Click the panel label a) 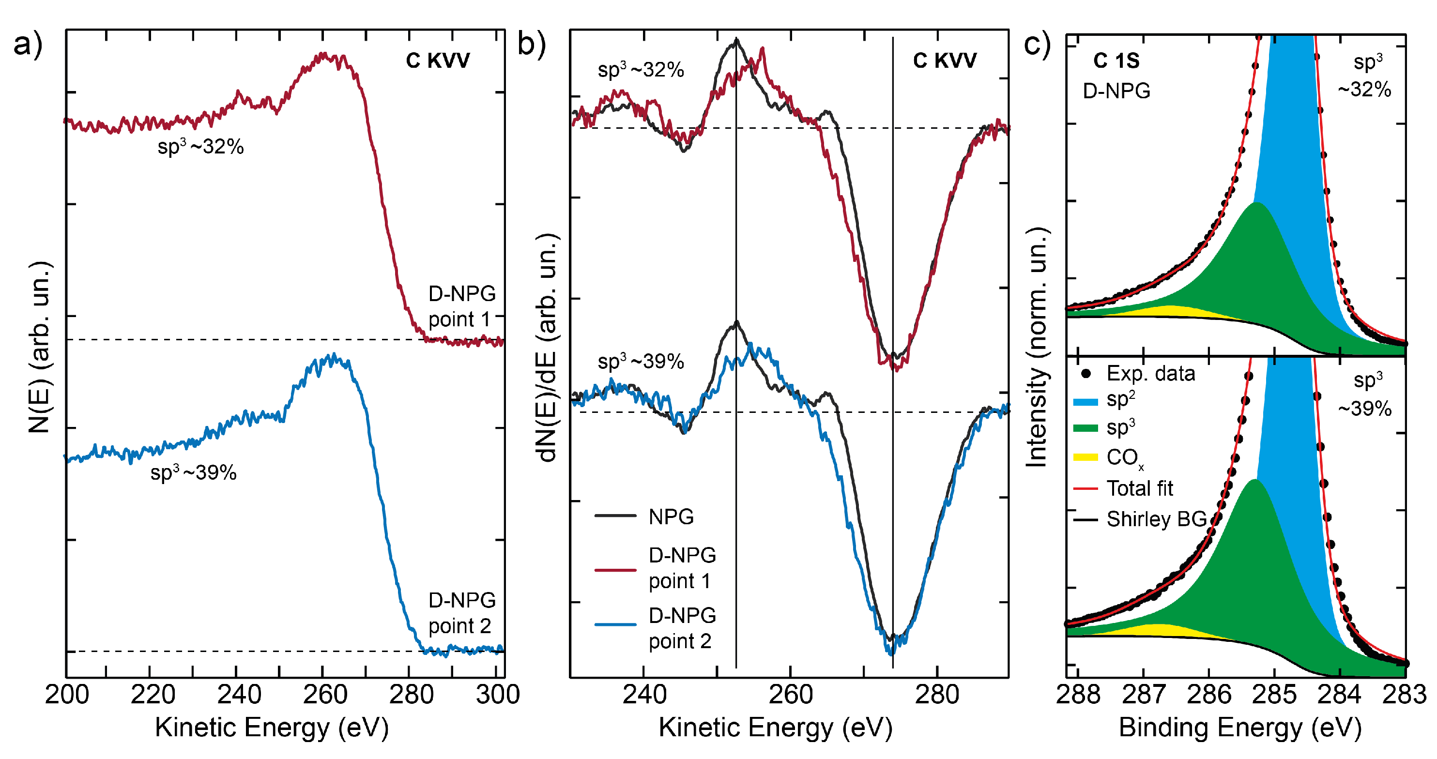[28, 45]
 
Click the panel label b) [531, 45]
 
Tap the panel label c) [1037, 45]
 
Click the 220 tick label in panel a [153, 694]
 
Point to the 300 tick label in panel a [498, 694]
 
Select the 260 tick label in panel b [791, 694]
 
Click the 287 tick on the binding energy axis [1143, 694]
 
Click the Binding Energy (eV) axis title [1240, 728]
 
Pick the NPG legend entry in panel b [671, 516]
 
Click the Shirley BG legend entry [1156, 519]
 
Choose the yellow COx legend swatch [1085, 457]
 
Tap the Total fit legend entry [1139, 488]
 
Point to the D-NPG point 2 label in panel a [461, 613]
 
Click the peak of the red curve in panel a [323, 55]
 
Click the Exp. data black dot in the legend [1085, 374]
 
